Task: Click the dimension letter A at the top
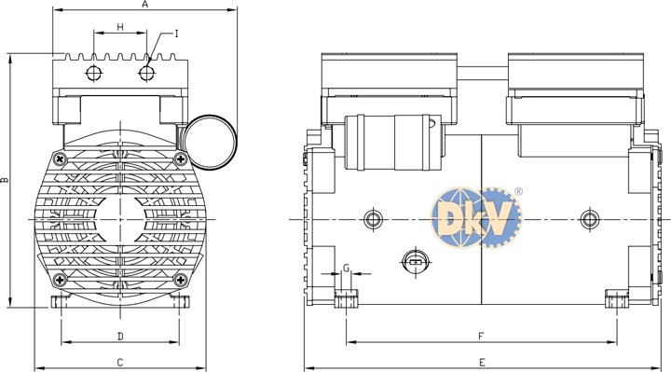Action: [x=144, y=5]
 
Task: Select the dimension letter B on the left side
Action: [x=5, y=180]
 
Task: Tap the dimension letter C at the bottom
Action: [x=120, y=363]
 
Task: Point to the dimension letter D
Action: [x=120, y=336]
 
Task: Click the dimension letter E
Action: [x=483, y=363]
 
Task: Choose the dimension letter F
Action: [x=481, y=337]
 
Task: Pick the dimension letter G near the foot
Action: [x=347, y=268]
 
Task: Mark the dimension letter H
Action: [x=120, y=27]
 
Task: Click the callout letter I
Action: [x=176, y=34]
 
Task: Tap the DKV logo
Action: [x=477, y=217]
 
